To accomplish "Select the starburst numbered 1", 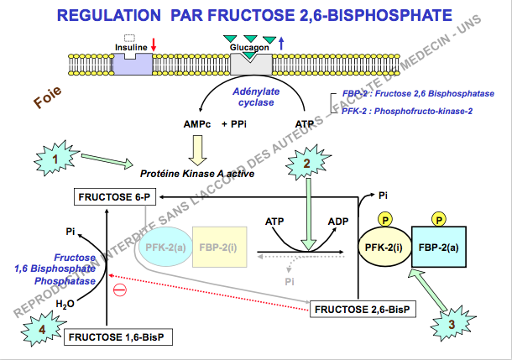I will [x=55, y=157].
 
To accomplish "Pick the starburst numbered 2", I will [x=307, y=163].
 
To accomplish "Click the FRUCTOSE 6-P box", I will [x=115, y=197].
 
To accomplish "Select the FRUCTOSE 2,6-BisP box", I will [x=363, y=310].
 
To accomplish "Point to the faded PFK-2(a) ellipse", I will [x=165, y=248].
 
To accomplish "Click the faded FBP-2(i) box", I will [x=217, y=248].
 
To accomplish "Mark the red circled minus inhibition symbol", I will [x=120, y=290].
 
